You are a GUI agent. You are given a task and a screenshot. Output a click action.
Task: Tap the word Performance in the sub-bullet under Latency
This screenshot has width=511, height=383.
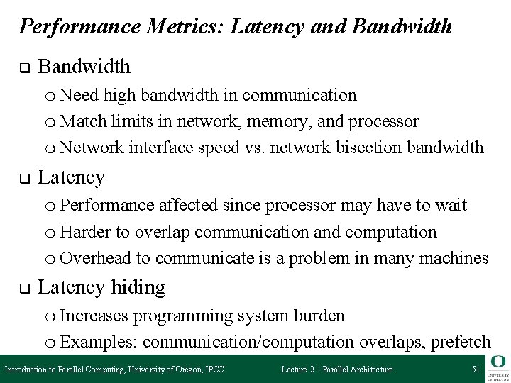tap(106, 205)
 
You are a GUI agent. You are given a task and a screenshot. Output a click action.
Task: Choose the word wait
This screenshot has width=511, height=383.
tap(451, 205)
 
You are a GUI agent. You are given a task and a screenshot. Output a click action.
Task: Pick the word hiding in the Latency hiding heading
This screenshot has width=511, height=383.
tap(138, 287)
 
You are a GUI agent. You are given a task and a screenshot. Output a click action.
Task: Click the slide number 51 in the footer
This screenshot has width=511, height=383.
tap(475, 370)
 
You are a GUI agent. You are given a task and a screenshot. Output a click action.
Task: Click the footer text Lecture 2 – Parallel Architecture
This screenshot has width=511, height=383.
tap(337, 370)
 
